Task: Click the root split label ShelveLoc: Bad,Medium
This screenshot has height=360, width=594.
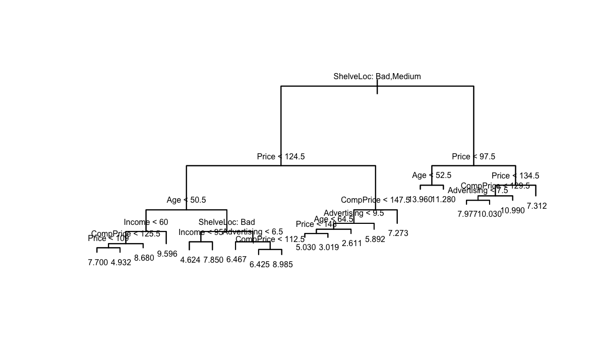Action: click(x=377, y=77)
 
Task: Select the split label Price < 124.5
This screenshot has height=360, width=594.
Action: click(x=281, y=157)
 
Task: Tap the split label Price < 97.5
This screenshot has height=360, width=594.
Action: click(x=473, y=157)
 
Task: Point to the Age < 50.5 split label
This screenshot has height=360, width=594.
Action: click(x=186, y=200)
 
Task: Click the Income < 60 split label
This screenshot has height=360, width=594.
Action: click(x=146, y=222)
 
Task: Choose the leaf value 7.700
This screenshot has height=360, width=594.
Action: click(x=98, y=262)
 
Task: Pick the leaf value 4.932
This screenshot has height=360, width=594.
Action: click(x=121, y=262)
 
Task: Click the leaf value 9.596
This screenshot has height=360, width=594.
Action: click(x=167, y=254)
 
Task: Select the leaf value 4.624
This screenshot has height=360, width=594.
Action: click(x=190, y=260)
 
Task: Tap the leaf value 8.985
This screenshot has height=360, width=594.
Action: click(x=282, y=264)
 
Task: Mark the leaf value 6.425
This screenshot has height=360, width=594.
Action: click(x=259, y=264)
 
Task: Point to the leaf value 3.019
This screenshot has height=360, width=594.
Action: click(x=329, y=248)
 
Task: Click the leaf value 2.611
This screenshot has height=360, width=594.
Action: click(x=351, y=244)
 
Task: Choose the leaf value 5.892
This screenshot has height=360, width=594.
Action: click(x=375, y=239)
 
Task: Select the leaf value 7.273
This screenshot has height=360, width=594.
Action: click(x=398, y=233)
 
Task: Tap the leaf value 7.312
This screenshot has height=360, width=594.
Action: click(x=537, y=206)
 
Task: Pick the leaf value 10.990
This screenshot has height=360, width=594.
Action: click(x=513, y=211)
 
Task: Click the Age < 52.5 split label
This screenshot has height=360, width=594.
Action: click(x=432, y=175)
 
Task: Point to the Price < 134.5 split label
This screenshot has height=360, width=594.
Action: click(x=515, y=176)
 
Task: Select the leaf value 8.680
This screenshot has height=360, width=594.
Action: click(x=144, y=258)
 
